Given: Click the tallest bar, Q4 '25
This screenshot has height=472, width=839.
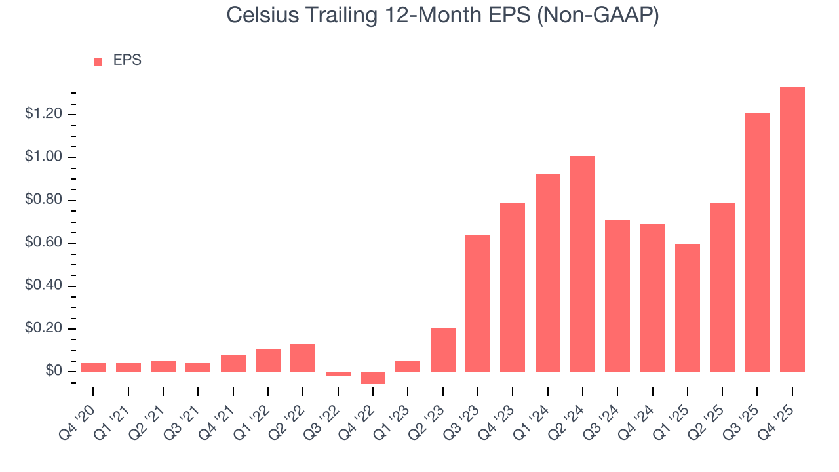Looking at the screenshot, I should tap(792, 229).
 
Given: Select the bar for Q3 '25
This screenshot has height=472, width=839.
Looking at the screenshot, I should tap(757, 243).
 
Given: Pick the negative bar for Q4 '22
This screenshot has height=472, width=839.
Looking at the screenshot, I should tap(373, 378).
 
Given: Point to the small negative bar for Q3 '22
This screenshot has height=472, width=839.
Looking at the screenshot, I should tap(338, 374).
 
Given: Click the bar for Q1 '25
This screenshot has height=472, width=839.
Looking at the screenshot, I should tap(688, 307).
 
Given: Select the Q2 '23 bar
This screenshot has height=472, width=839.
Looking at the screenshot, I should tap(443, 349).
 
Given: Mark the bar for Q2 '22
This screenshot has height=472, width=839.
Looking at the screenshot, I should tap(303, 358).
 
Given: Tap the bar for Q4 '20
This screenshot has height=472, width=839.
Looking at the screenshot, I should tap(93, 367).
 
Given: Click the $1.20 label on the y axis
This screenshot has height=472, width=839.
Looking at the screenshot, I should tap(43, 114).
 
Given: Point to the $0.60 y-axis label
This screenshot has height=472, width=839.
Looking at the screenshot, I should tap(43, 243).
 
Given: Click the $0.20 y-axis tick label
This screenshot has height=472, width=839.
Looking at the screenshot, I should tap(43, 328).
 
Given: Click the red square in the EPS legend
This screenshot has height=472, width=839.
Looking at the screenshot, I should tap(98, 61).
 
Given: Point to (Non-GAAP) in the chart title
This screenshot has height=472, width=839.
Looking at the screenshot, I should tap(597, 16).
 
